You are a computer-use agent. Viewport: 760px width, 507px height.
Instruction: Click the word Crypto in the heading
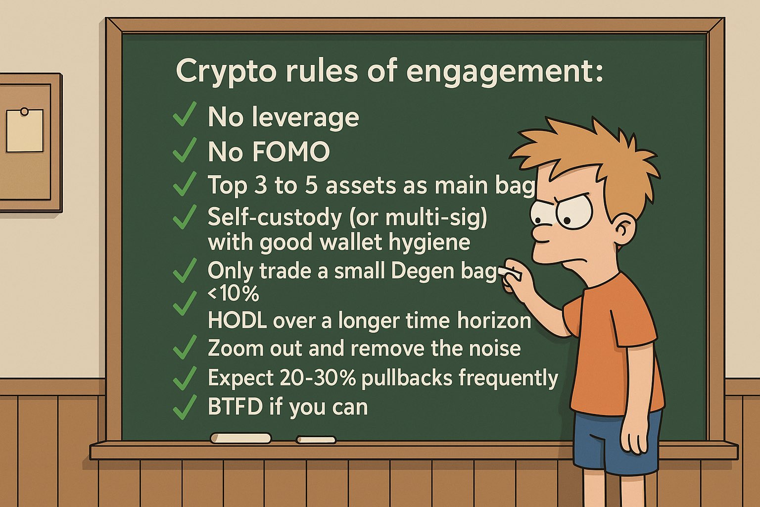click(x=226, y=72)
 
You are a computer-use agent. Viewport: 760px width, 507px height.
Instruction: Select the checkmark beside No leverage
click(x=185, y=114)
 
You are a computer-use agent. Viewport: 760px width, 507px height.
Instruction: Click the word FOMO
click(x=291, y=152)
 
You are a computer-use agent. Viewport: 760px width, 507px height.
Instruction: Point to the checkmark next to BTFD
click(x=185, y=407)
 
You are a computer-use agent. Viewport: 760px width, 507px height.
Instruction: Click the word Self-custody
click(x=275, y=217)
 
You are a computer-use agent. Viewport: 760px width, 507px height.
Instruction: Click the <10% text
click(x=234, y=294)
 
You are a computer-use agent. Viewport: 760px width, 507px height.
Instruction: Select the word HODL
click(x=237, y=320)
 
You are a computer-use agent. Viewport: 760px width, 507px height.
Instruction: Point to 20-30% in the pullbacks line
click(x=317, y=378)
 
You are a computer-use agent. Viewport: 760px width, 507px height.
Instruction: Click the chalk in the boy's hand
click(x=510, y=273)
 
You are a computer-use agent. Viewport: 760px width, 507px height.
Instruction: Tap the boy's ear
click(x=625, y=231)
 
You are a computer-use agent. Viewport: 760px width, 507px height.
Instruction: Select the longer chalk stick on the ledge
click(x=240, y=438)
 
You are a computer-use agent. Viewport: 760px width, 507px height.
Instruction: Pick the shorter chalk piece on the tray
click(x=316, y=440)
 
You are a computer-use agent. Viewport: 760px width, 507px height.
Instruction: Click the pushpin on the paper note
click(x=24, y=111)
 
